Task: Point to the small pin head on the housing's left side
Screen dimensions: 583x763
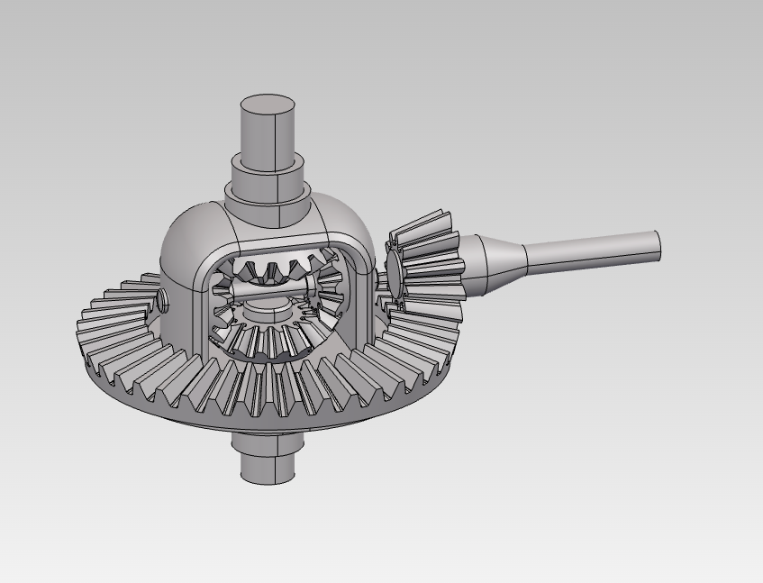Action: [x=162, y=301]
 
